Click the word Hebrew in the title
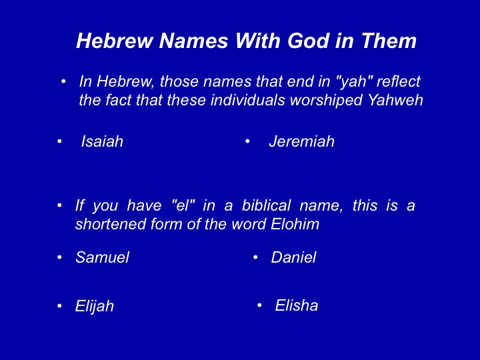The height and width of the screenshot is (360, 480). (x=115, y=41)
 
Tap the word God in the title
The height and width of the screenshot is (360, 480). (x=309, y=41)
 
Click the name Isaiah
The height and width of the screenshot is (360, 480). (x=102, y=141)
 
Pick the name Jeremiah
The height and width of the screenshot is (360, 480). (x=301, y=141)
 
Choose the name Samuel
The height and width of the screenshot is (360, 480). (x=102, y=257)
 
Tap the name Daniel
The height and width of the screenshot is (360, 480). (x=293, y=257)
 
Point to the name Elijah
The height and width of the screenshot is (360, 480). (x=94, y=306)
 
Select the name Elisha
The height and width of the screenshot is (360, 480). (x=296, y=305)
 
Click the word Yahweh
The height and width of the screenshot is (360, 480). (x=395, y=100)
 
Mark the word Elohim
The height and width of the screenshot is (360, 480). (x=295, y=224)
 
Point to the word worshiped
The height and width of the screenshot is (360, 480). (x=326, y=101)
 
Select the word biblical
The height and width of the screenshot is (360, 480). (x=266, y=205)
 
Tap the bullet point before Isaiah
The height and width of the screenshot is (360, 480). (x=59, y=141)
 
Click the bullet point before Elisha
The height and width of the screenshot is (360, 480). (x=259, y=305)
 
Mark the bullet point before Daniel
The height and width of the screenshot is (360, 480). (x=255, y=257)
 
